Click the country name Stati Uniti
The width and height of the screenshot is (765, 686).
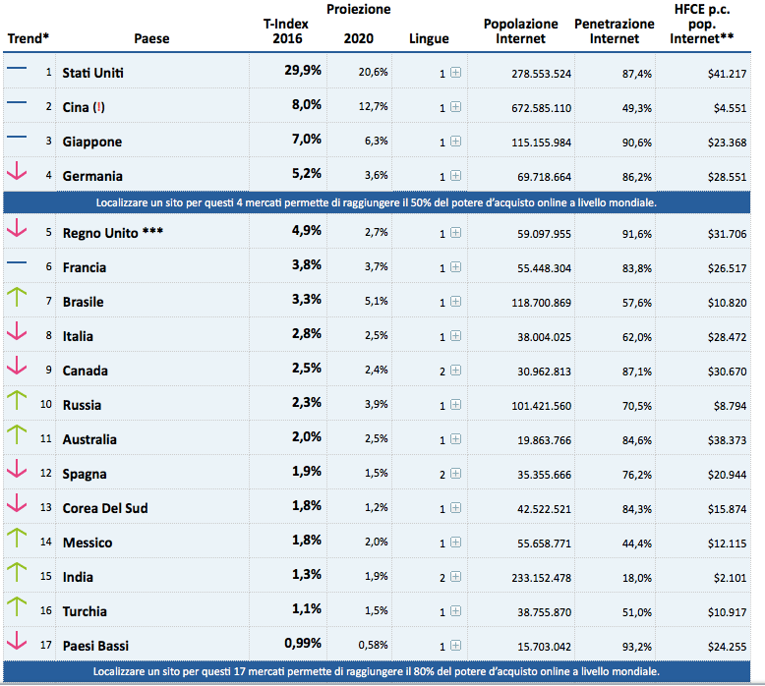coord(92,73)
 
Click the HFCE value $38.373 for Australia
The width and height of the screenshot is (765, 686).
coord(726,440)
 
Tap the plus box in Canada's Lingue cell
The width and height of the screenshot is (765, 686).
coord(455,372)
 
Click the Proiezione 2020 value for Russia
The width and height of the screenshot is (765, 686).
coord(374,406)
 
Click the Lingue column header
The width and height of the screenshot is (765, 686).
coord(429,39)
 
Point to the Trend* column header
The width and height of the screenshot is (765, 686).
coord(29,39)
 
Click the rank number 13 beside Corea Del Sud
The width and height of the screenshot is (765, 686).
coord(45,508)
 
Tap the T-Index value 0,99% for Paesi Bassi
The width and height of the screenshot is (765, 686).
coord(302,644)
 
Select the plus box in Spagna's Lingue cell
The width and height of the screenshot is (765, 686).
coord(455,475)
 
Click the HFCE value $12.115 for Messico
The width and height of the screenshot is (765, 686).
coord(726,543)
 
